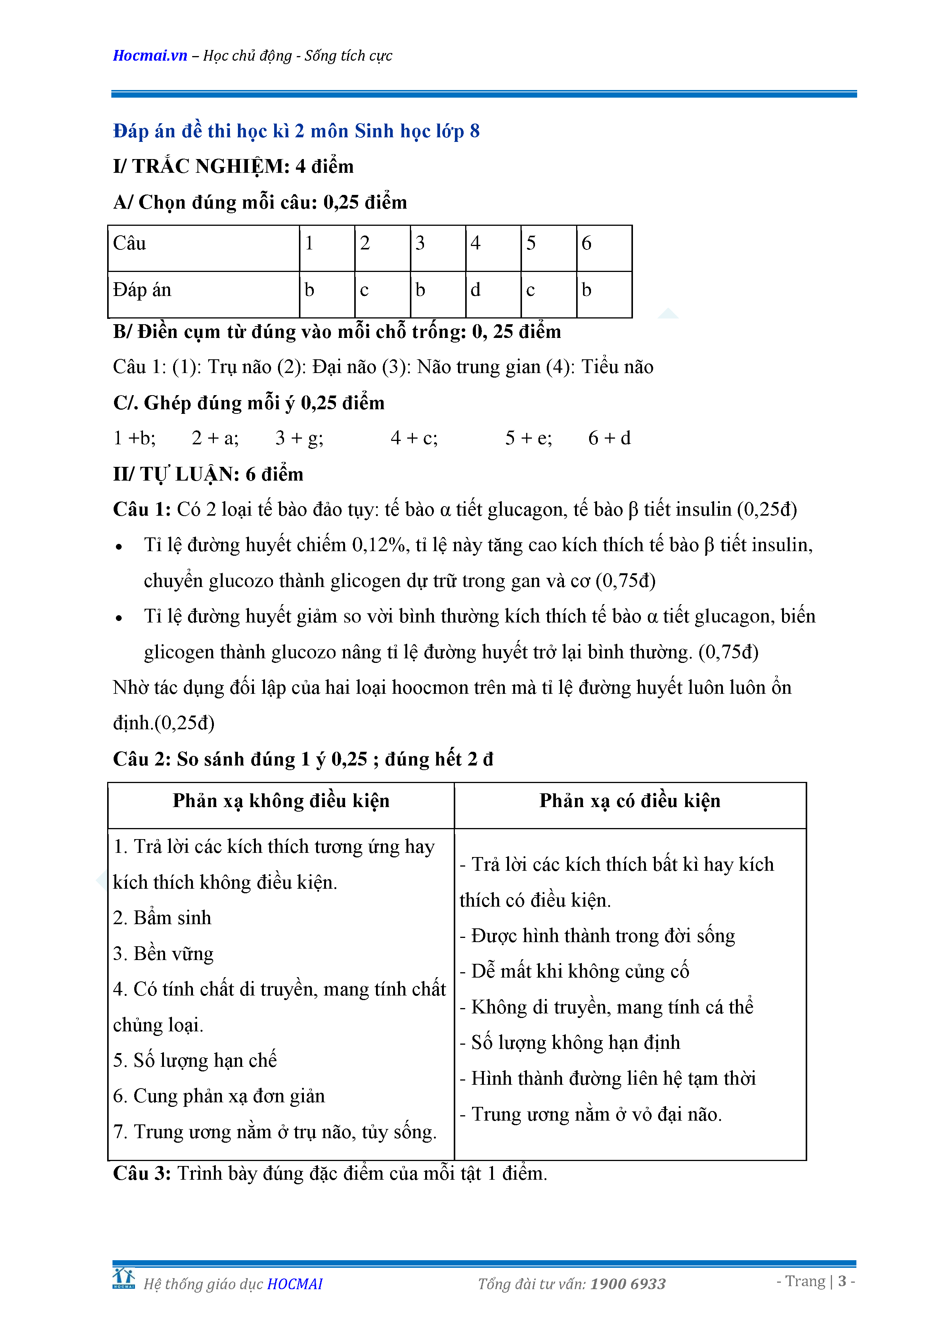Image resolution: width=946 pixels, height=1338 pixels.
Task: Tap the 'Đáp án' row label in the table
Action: (x=142, y=289)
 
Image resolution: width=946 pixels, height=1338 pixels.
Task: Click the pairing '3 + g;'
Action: (x=299, y=437)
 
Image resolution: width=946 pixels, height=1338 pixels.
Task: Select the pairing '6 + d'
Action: (x=609, y=437)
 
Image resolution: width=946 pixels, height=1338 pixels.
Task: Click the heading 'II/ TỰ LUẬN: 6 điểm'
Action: (x=208, y=474)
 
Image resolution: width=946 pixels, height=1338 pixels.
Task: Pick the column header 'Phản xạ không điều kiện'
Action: (x=281, y=801)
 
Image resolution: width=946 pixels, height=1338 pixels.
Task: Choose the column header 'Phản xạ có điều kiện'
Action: (x=630, y=801)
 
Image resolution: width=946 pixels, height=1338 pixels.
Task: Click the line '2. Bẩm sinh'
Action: (x=162, y=918)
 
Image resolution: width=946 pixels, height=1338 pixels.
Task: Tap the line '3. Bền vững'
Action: (x=163, y=954)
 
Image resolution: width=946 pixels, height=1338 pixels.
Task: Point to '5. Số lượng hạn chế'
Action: (x=194, y=1060)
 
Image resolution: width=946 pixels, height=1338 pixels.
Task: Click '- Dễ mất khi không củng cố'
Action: (x=574, y=971)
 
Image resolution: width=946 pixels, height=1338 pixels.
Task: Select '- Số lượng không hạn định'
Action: (x=570, y=1042)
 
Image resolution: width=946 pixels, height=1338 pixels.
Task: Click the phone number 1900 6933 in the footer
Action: (x=627, y=1283)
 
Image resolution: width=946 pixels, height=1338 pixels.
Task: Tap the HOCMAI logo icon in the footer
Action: (x=124, y=1278)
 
